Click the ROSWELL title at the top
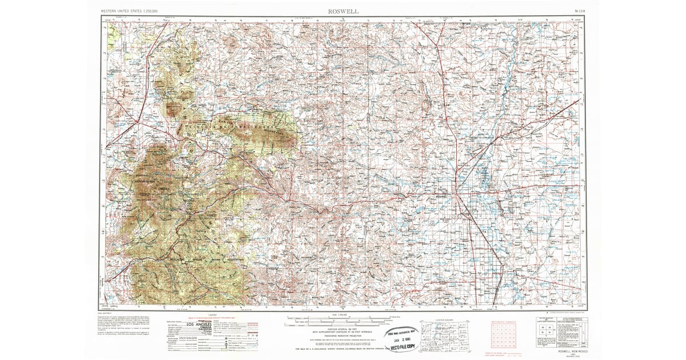click(343, 11)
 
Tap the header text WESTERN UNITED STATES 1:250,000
click(129, 11)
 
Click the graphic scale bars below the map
click(343, 317)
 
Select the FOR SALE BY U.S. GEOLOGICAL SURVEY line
click(343, 349)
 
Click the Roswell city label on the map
click(441, 197)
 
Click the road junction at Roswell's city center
click(456, 197)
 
